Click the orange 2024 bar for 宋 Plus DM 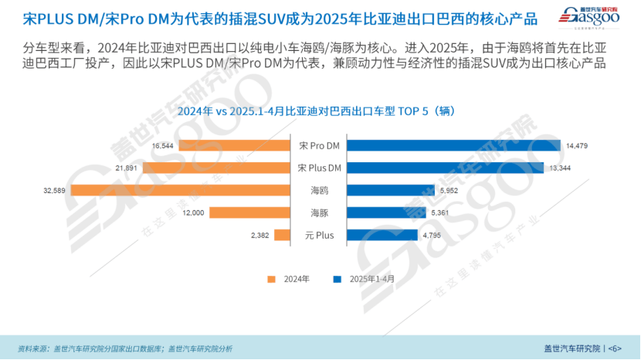tap(215, 168)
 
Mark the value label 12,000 tap(194, 213)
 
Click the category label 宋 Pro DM tap(320, 146)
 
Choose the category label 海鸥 tap(320, 190)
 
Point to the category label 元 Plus tap(320, 235)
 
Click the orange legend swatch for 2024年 tap(271, 279)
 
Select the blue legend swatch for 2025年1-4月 tap(336, 279)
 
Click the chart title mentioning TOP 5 tap(320, 111)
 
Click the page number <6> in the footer tap(615, 348)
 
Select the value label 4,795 tap(432, 236)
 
